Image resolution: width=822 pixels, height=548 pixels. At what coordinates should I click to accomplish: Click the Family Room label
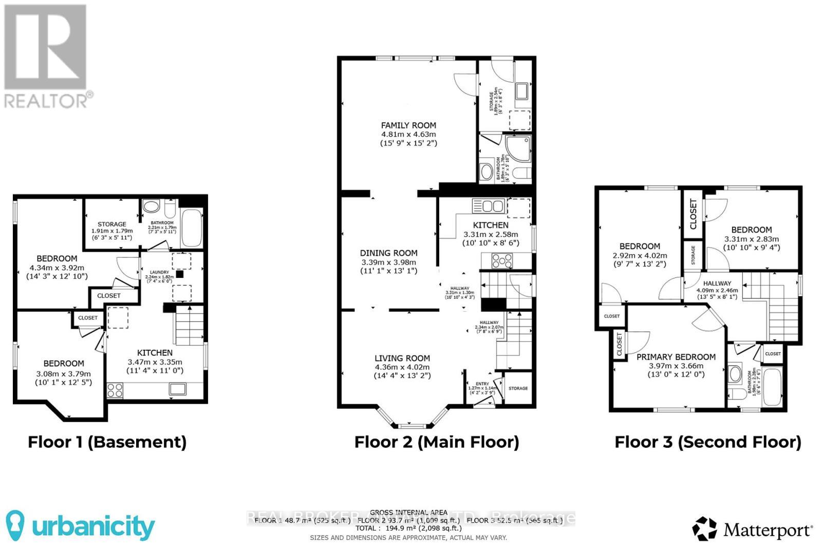click(x=408, y=125)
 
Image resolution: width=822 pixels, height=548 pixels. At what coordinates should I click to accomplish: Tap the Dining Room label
click(x=388, y=253)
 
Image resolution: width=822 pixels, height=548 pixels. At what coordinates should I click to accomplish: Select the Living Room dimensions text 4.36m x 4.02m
click(x=402, y=367)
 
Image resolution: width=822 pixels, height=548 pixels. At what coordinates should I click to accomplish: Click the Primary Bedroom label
click(x=676, y=357)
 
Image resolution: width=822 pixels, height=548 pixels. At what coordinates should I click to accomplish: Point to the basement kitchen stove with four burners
click(x=115, y=390)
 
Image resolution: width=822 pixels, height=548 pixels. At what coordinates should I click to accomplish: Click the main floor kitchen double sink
click(x=488, y=206)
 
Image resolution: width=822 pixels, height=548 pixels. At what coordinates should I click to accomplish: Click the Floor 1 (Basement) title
click(x=107, y=442)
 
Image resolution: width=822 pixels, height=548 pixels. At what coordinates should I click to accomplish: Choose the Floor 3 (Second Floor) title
click(x=708, y=442)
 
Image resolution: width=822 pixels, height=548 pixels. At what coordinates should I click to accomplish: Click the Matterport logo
click(x=753, y=529)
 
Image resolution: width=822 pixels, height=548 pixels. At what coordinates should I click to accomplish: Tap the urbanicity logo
click(x=81, y=525)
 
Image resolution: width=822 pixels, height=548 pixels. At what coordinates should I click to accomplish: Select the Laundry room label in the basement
click(x=159, y=273)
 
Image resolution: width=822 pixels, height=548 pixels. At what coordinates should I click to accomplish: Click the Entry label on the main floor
click(x=482, y=384)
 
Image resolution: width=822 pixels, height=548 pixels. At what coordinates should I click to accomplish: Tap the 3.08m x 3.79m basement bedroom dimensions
click(x=63, y=373)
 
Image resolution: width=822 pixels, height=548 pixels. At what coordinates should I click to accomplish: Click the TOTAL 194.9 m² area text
click(x=408, y=528)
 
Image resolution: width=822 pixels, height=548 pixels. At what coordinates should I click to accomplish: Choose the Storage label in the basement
click(x=112, y=224)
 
